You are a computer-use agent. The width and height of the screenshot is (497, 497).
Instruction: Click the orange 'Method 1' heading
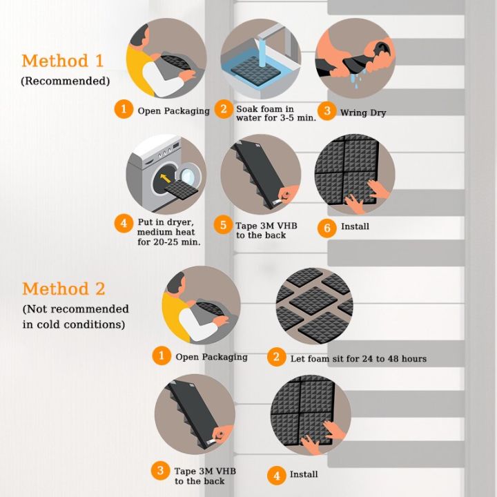click(63, 61)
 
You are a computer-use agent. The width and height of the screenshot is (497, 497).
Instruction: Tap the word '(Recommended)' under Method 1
click(65, 81)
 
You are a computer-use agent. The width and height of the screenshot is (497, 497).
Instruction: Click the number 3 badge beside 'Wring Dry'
click(327, 110)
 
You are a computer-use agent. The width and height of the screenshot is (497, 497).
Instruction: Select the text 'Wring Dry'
click(363, 113)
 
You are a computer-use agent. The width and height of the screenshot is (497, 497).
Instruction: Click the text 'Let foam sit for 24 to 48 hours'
click(358, 358)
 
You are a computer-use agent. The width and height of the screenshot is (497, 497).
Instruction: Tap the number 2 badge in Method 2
click(276, 357)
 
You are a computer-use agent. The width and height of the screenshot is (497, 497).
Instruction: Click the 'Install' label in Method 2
click(304, 474)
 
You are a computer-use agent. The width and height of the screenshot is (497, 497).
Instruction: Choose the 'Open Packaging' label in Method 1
click(173, 110)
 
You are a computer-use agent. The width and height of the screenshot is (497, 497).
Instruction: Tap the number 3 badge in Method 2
click(161, 471)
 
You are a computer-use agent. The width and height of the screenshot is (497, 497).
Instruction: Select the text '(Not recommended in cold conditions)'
click(75, 316)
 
